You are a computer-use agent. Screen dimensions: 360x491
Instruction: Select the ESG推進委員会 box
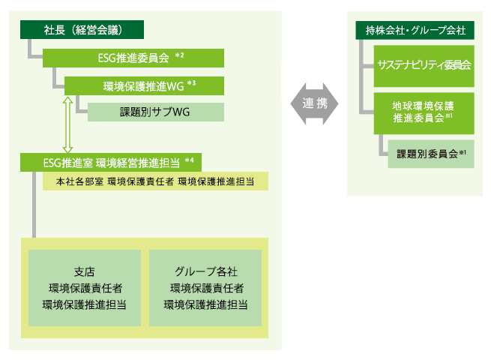pyautogui.click(x=133, y=57)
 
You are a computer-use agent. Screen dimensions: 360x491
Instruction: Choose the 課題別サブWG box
pyautogui.click(x=155, y=112)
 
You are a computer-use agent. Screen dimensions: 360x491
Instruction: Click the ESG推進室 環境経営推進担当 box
pyautogui.click(x=112, y=160)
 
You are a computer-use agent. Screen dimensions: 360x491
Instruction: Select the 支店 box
pyautogui.click(x=84, y=288)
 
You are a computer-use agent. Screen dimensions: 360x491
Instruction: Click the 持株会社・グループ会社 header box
pyautogui.click(x=415, y=30)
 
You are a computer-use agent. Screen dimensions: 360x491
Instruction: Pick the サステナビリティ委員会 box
pyautogui.click(x=424, y=65)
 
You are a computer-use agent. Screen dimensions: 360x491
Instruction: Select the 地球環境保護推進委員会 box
pyautogui.click(x=424, y=112)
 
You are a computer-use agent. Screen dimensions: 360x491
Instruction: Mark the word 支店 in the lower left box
pyautogui.click(x=84, y=271)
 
